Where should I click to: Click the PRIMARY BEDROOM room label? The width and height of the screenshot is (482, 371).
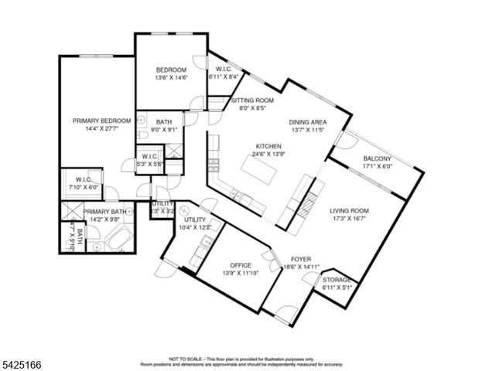pos(100,121)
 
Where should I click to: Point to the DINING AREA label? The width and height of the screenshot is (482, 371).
pos(308,122)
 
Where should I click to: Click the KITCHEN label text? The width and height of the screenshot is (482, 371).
pos(268,146)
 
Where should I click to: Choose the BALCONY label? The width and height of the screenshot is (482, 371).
pos(378,159)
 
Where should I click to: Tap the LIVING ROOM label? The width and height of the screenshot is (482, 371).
pos(348,210)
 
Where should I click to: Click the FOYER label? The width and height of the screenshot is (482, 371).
pos(301,259)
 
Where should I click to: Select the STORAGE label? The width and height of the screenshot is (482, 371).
pos(337,280)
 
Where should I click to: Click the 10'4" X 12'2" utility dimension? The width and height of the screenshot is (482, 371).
pos(195,227)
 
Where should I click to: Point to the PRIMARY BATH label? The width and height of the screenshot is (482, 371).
pos(105,211)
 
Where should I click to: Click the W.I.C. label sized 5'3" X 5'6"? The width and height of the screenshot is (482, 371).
pos(150,157)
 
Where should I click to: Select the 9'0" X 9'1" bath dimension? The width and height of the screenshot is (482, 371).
pos(164,130)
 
